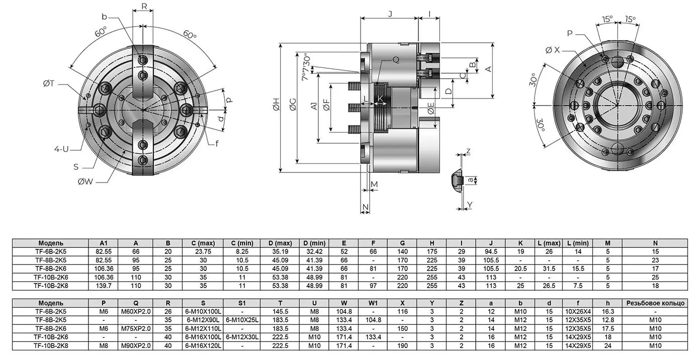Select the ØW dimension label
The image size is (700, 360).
pos(85,182)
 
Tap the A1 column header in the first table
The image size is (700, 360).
pos(104,243)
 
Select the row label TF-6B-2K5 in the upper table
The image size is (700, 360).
pos(50,250)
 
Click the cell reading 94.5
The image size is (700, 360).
pos(490,250)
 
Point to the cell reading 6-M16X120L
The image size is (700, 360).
pos(204,345)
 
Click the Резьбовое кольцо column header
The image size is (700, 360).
pos(654,303)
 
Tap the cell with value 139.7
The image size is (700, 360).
pos(104,285)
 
